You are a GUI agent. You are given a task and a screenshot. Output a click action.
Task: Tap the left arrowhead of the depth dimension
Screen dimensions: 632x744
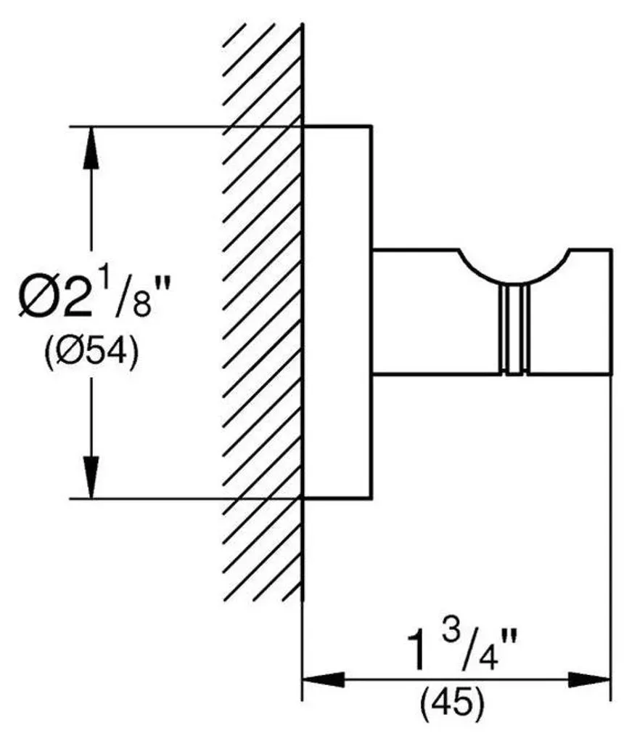point(323,679)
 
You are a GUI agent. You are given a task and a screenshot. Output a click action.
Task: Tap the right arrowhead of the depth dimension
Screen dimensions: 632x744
point(590,679)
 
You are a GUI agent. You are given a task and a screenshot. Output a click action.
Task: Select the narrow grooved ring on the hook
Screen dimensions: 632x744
point(514,331)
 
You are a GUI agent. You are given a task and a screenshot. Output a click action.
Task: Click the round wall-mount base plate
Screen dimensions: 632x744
point(337,312)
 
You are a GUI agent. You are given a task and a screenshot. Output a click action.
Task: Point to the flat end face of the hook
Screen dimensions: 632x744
point(611,312)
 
